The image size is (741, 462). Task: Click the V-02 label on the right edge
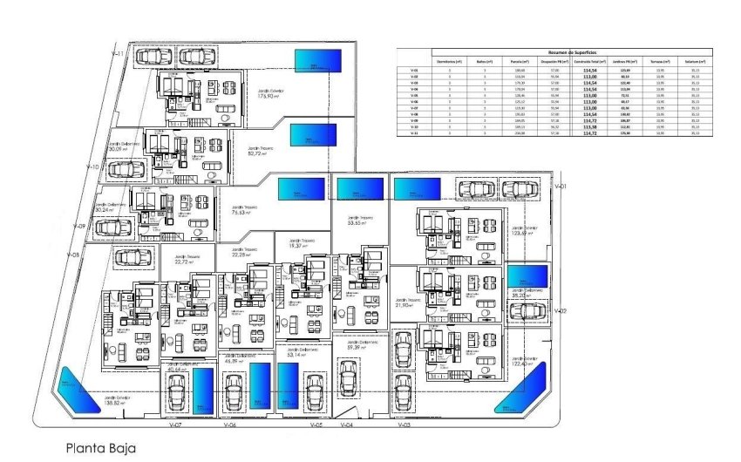pyautogui.click(x=561, y=310)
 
